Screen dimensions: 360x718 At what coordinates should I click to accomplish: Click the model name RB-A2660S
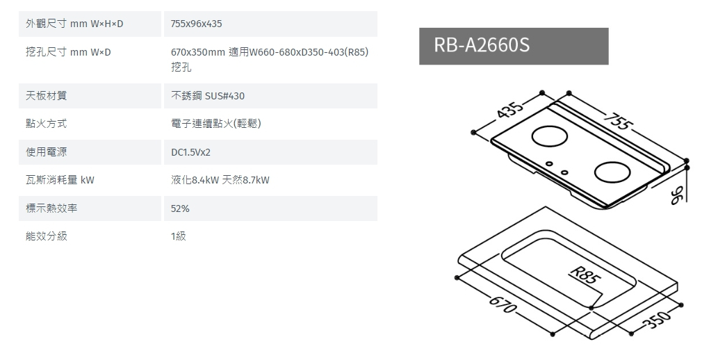tap(482, 46)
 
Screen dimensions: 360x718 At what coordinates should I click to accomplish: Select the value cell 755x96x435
tap(197, 24)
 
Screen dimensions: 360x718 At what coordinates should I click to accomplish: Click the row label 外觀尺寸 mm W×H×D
tap(74, 24)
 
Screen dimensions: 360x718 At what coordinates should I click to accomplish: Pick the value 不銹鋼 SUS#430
tap(208, 96)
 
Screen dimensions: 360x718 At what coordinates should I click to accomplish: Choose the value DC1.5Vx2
tap(191, 152)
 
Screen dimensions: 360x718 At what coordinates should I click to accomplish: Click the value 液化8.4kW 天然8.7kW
tap(220, 181)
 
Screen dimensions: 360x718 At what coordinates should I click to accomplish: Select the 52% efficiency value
tap(180, 208)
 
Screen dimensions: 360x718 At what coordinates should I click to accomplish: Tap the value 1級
tap(179, 236)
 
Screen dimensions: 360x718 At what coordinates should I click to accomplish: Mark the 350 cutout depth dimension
tap(658, 320)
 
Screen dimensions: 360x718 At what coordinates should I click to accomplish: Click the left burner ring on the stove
tap(549, 137)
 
